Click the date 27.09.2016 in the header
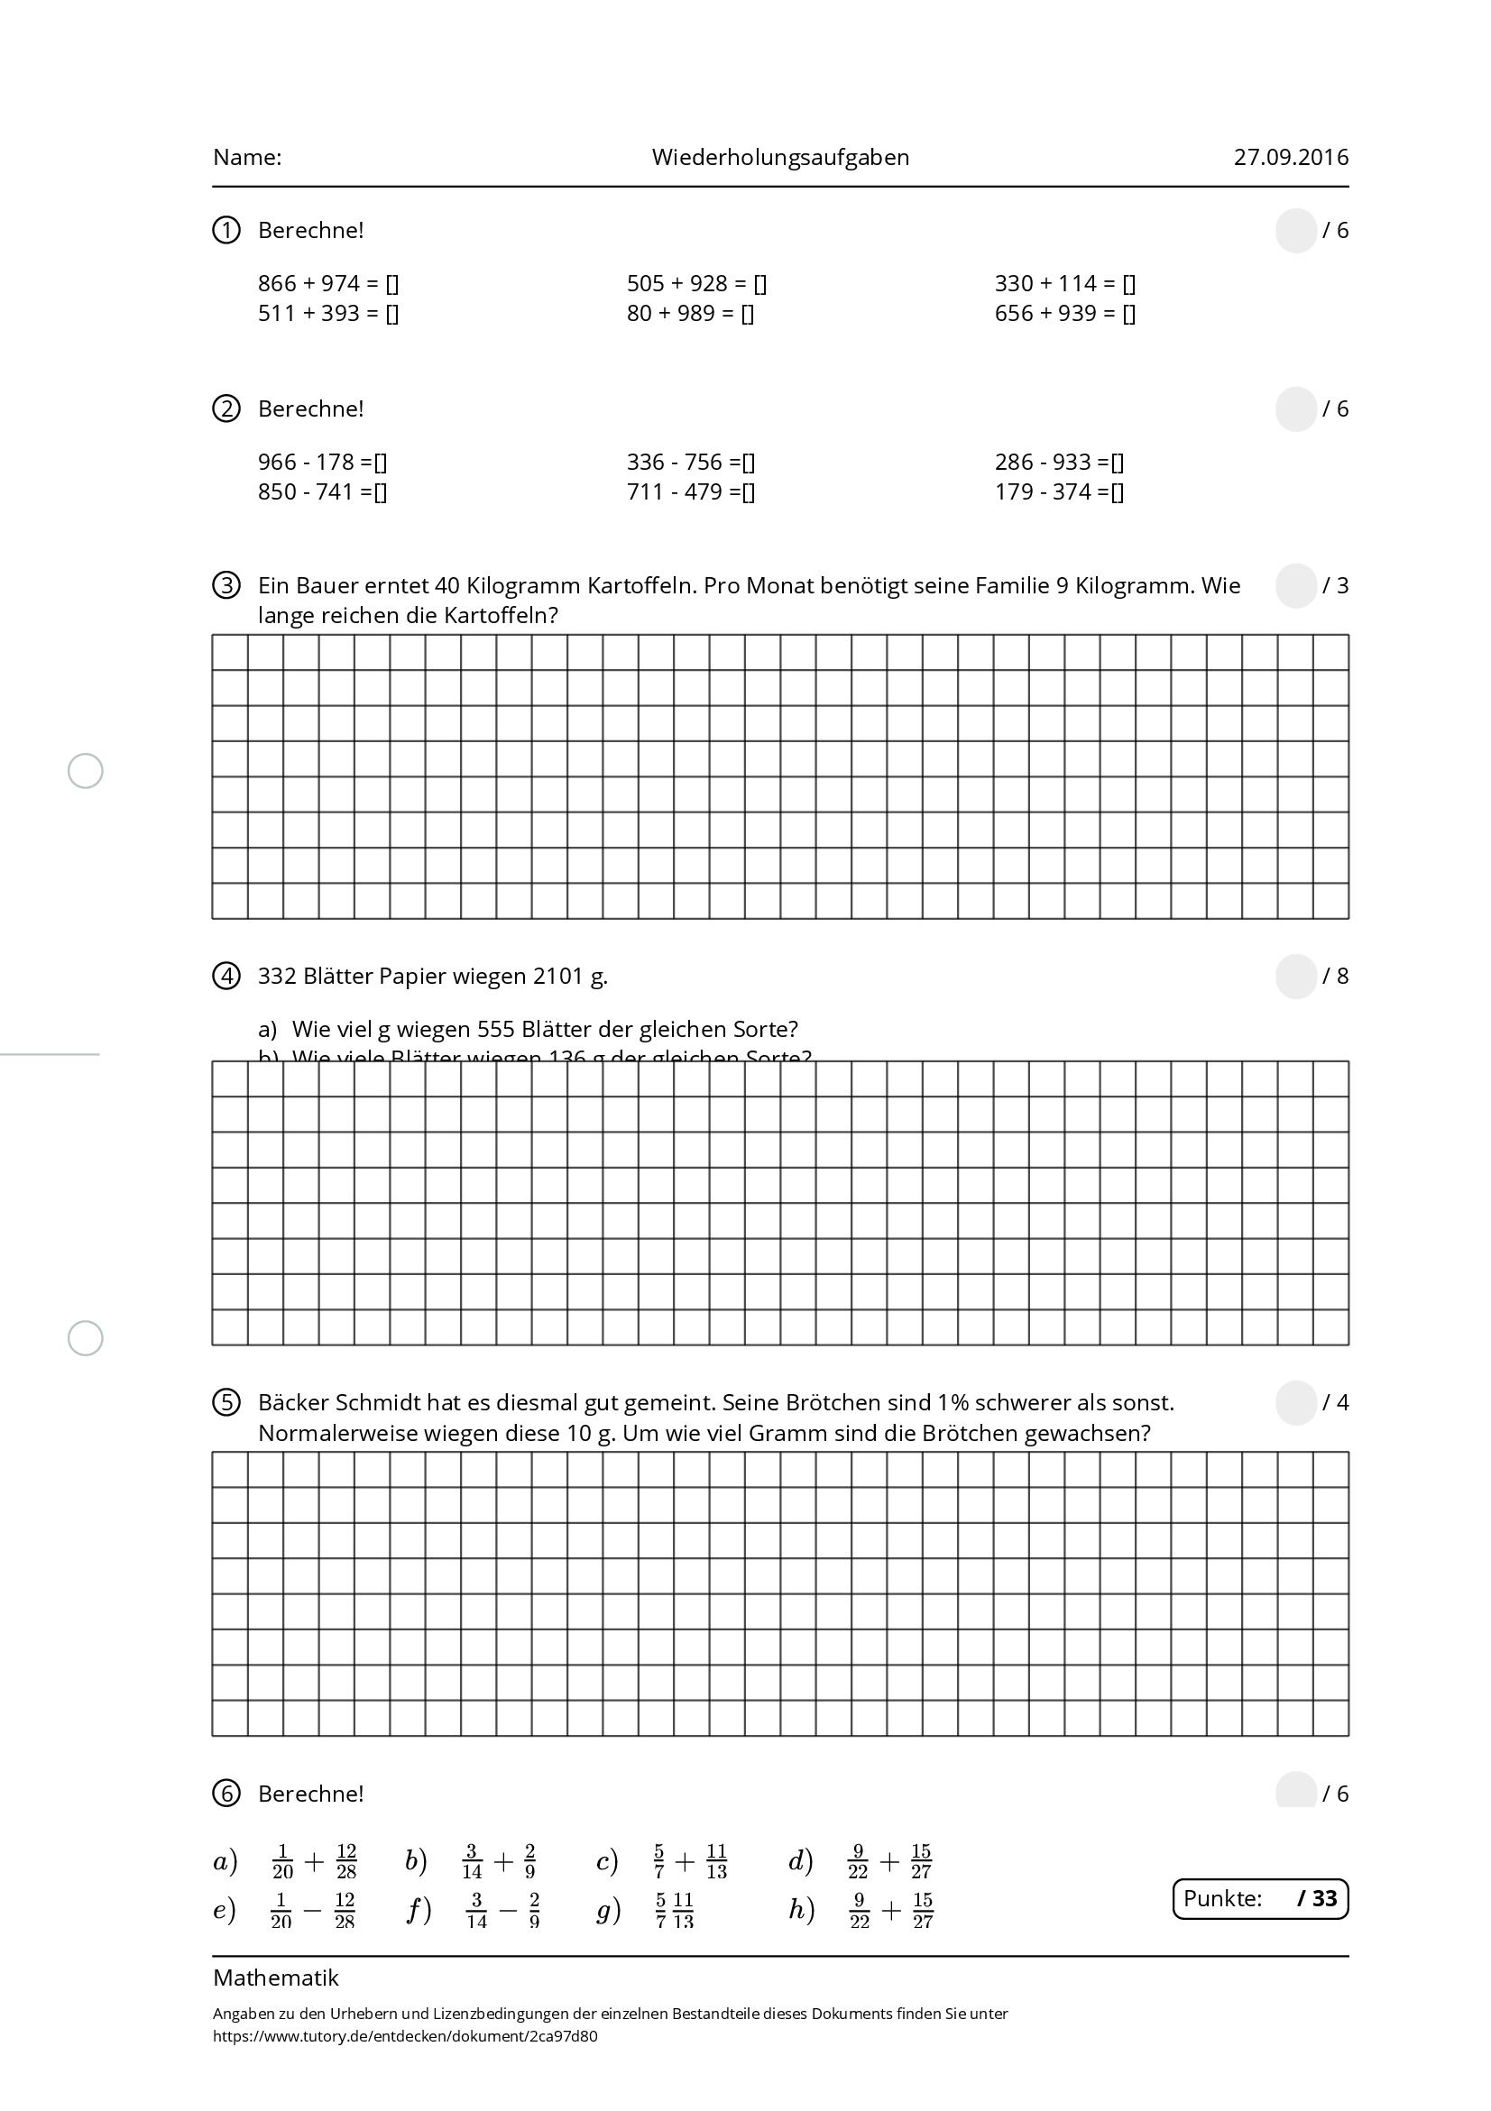[1291, 157]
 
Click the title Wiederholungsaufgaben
[780, 157]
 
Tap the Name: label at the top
[247, 157]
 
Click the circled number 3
[226, 585]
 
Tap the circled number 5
[226, 1403]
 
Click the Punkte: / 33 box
[1260, 1899]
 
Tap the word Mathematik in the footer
[276, 1978]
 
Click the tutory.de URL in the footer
[405, 2035]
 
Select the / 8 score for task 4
[1335, 976]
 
